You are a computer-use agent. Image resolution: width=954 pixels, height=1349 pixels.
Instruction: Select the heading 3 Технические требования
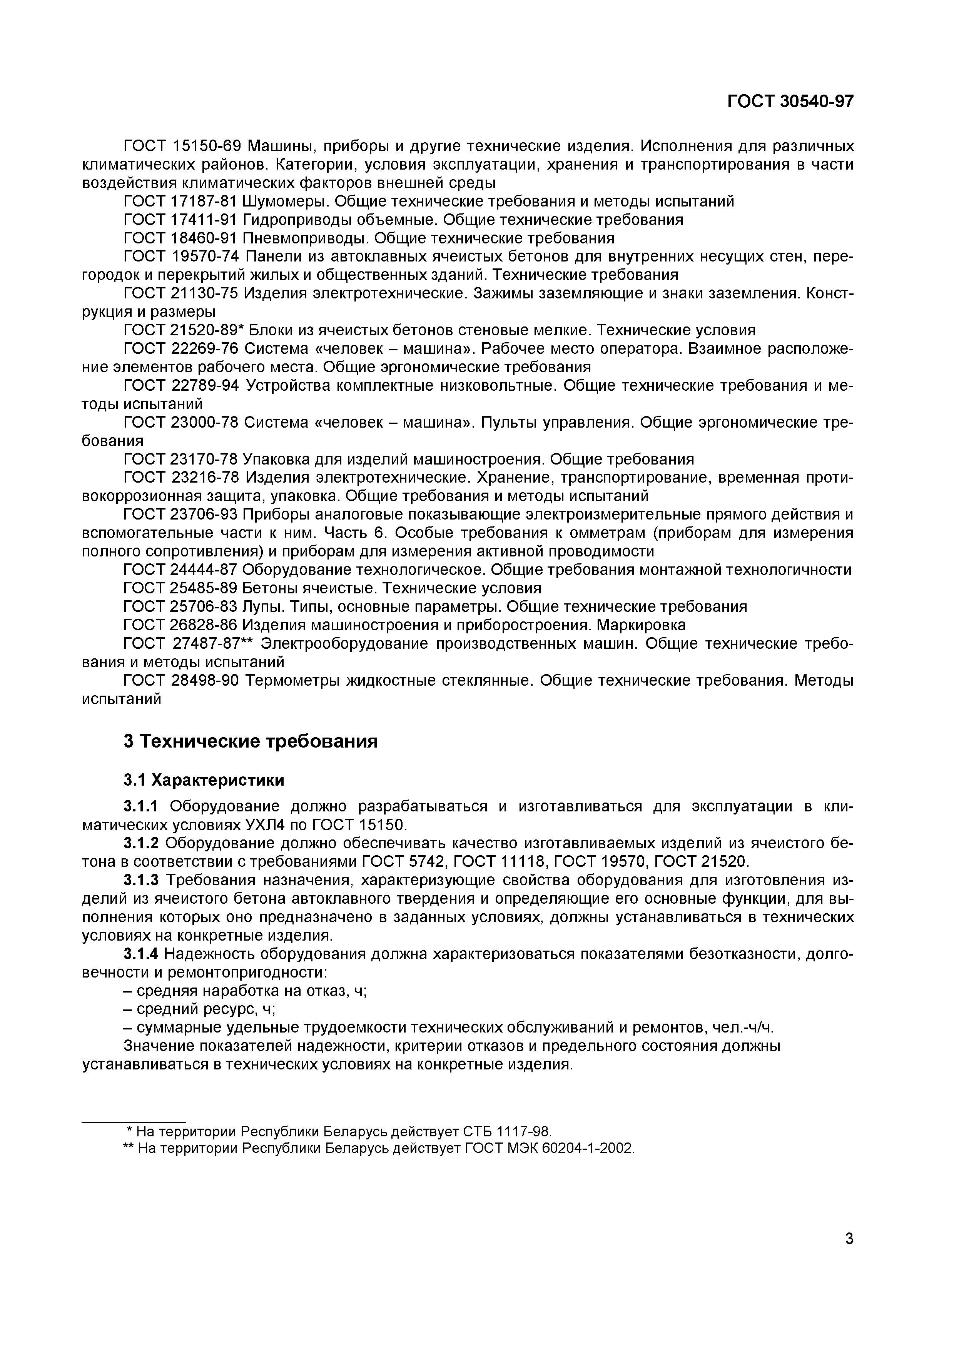[251, 741]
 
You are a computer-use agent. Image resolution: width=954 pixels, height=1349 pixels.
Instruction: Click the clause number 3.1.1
[141, 806]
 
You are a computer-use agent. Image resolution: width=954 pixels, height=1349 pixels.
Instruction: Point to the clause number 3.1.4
[141, 954]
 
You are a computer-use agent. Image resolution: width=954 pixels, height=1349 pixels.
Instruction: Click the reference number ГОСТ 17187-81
[180, 202]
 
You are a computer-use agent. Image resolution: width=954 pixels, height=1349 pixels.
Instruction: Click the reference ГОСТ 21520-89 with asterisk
[184, 330]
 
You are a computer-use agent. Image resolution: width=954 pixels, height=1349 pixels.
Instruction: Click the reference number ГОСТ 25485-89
[180, 588]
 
